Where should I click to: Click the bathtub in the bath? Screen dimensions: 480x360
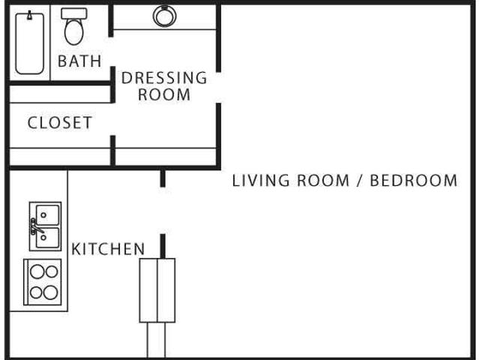tap(30, 43)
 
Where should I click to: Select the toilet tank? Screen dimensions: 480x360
tap(73, 13)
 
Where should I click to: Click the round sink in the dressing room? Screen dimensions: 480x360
tap(165, 16)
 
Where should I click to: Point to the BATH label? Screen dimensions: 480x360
tap(79, 61)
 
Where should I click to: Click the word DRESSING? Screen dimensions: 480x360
tap(164, 78)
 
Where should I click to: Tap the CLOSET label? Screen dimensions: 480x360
tap(60, 123)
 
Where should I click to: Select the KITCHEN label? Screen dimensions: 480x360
tap(108, 249)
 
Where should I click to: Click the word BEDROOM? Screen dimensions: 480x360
tap(413, 180)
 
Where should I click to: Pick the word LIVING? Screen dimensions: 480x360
tap(260, 180)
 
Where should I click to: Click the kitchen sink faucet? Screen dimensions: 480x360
tap(35, 226)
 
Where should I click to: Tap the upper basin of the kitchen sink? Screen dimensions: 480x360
tap(47, 215)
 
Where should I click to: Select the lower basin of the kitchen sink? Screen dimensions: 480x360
tap(47, 238)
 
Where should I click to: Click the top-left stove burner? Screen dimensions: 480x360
tap(37, 271)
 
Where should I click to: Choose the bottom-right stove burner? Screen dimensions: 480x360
tap(50, 292)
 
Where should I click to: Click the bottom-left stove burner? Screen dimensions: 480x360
tap(36, 292)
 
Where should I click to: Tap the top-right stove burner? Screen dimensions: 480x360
tap(52, 271)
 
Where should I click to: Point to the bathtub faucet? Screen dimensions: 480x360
tap(30, 15)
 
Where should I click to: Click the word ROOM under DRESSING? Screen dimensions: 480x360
tap(164, 94)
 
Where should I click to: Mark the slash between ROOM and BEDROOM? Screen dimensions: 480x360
tap(359, 180)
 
